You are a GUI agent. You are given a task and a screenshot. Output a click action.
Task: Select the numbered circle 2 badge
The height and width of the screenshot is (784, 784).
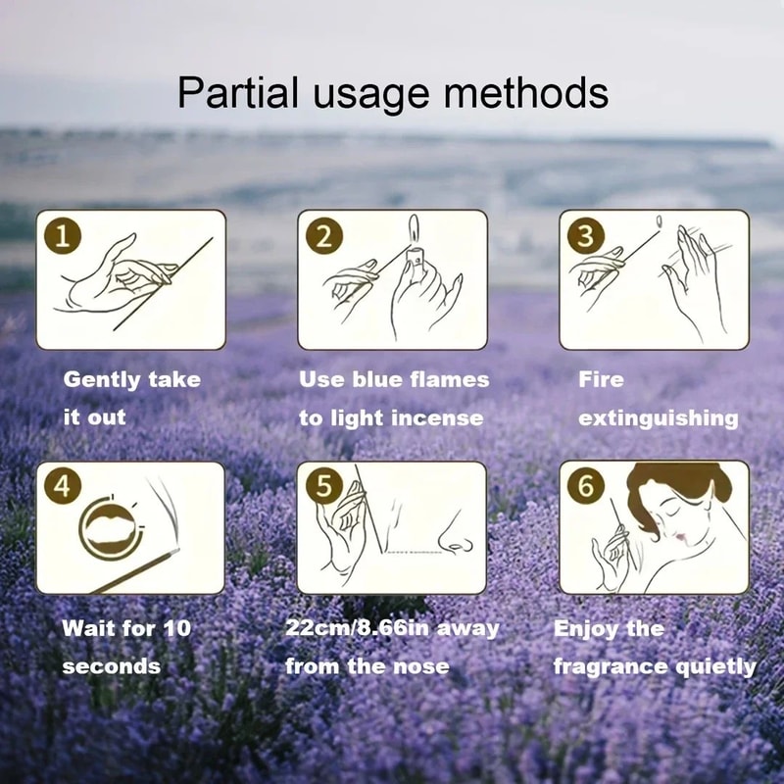tap(324, 236)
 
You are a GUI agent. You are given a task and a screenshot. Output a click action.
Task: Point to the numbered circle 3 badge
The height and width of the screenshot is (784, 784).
tap(585, 236)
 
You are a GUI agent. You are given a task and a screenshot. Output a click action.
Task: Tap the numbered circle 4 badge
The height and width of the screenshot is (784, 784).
tap(62, 488)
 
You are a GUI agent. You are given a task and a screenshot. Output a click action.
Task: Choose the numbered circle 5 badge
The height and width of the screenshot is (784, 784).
tap(324, 488)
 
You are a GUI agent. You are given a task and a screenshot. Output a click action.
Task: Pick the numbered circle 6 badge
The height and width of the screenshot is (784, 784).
tap(585, 488)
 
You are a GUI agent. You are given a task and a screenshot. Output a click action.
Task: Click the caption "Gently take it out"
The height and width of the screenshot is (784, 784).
tap(131, 398)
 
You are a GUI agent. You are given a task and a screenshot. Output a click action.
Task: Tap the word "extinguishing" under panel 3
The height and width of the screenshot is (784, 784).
tap(658, 417)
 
